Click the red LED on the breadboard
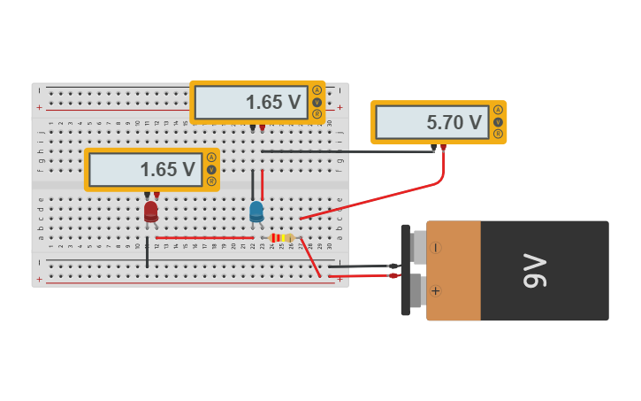(151, 212)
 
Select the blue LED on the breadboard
(256, 211)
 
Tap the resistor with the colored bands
(281, 237)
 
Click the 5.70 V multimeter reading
(454, 123)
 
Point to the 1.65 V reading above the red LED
(167, 170)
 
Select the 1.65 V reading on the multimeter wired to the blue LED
(273, 102)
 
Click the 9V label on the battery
(536, 270)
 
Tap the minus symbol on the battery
(435, 248)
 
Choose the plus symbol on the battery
(435, 290)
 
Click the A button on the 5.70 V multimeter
(498, 110)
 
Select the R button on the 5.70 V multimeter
(498, 134)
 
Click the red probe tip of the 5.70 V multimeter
(443, 148)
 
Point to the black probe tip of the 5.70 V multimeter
(433, 148)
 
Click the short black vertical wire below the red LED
(148, 251)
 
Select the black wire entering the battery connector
(362, 266)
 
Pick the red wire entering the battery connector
(362, 276)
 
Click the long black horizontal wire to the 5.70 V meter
(345, 151)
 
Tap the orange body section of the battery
(454, 270)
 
